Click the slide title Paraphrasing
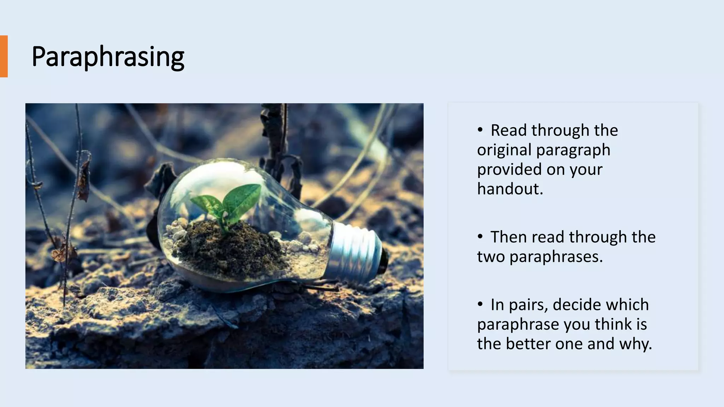(108, 57)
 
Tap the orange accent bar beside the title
(4, 56)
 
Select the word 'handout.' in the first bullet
(510, 189)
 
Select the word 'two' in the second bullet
(491, 257)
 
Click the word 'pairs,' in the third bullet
(528, 305)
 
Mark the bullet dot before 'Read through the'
(480, 130)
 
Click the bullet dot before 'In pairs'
(480, 304)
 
